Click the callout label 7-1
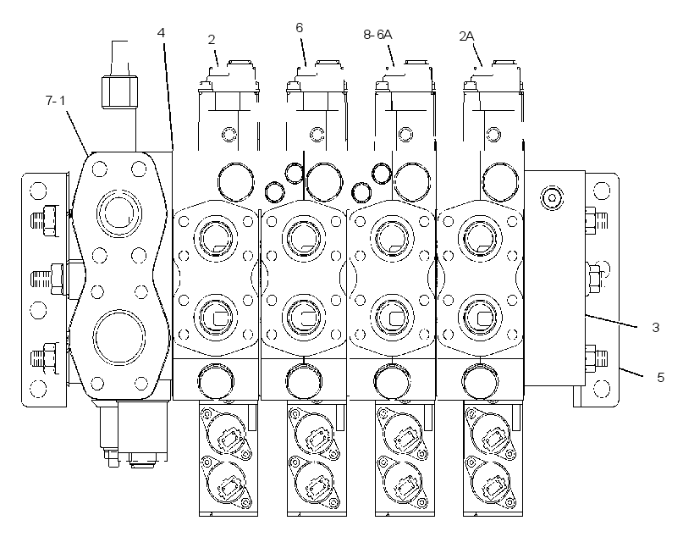pyautogui.click(x=55, y=101)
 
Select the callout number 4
pyautogui.click(x=161, y=33)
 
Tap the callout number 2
pyautogui.click(x=212, y=40)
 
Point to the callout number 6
pyautogui.click(x=300, y=27)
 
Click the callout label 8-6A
pyautogui.click(x=378, y=34)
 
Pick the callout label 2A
pyautogui.click(x=466, y=36)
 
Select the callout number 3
pyautogui.click(x=656, y=328)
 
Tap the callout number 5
pyautogui.click(x=661, y=378)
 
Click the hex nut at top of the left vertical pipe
pyautogui.click(x=119, y=92)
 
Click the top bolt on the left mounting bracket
pyautogui.click(x=44, y=220)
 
